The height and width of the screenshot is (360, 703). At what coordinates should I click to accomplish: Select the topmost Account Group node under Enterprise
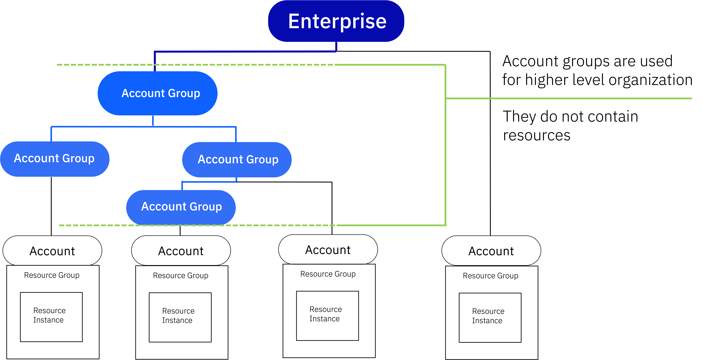(157, 93)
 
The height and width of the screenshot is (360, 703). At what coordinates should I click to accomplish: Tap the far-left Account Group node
(55, 159)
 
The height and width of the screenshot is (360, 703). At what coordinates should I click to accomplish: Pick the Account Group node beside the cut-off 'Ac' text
(237, 160)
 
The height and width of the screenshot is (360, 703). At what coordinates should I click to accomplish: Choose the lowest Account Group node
(181, 207)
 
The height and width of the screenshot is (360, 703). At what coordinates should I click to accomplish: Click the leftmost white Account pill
(52, 251)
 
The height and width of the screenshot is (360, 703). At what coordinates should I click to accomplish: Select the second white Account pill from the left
(181, 251)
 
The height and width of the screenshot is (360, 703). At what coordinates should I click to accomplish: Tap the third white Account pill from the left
(328, 250)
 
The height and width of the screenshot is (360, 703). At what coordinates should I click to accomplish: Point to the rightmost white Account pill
(491, 251)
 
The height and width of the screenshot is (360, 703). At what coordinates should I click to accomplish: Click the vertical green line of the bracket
(445, 164)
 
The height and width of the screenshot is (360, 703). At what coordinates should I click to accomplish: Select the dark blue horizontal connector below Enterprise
(246, 51)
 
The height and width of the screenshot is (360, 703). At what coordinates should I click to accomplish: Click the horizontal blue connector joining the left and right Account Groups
(109, 127)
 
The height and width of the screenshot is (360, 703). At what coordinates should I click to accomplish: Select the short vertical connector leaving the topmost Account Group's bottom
(153, 121)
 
